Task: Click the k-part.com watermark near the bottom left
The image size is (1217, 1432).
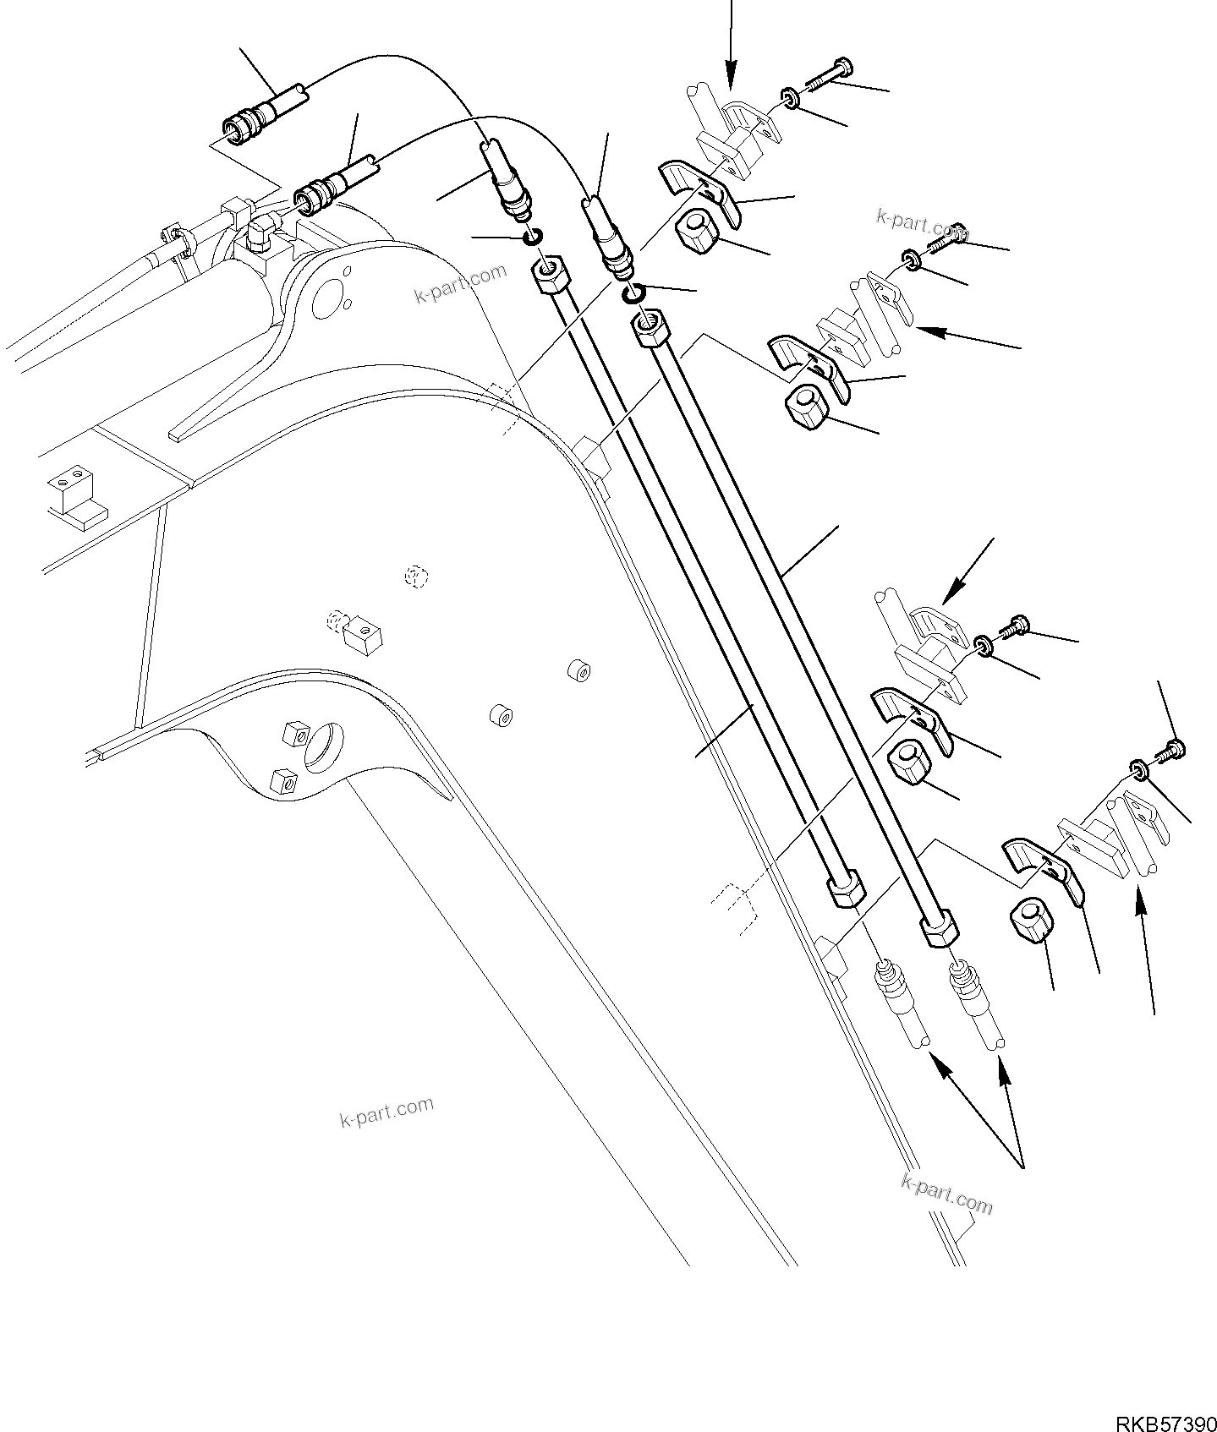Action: pyautogui.click(x=386, y=1112)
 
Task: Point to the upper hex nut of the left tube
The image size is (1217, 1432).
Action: pyautogui.click(x=550, y=275)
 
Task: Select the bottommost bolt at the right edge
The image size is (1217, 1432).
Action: pyautogui.click(x=1174, y=747)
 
